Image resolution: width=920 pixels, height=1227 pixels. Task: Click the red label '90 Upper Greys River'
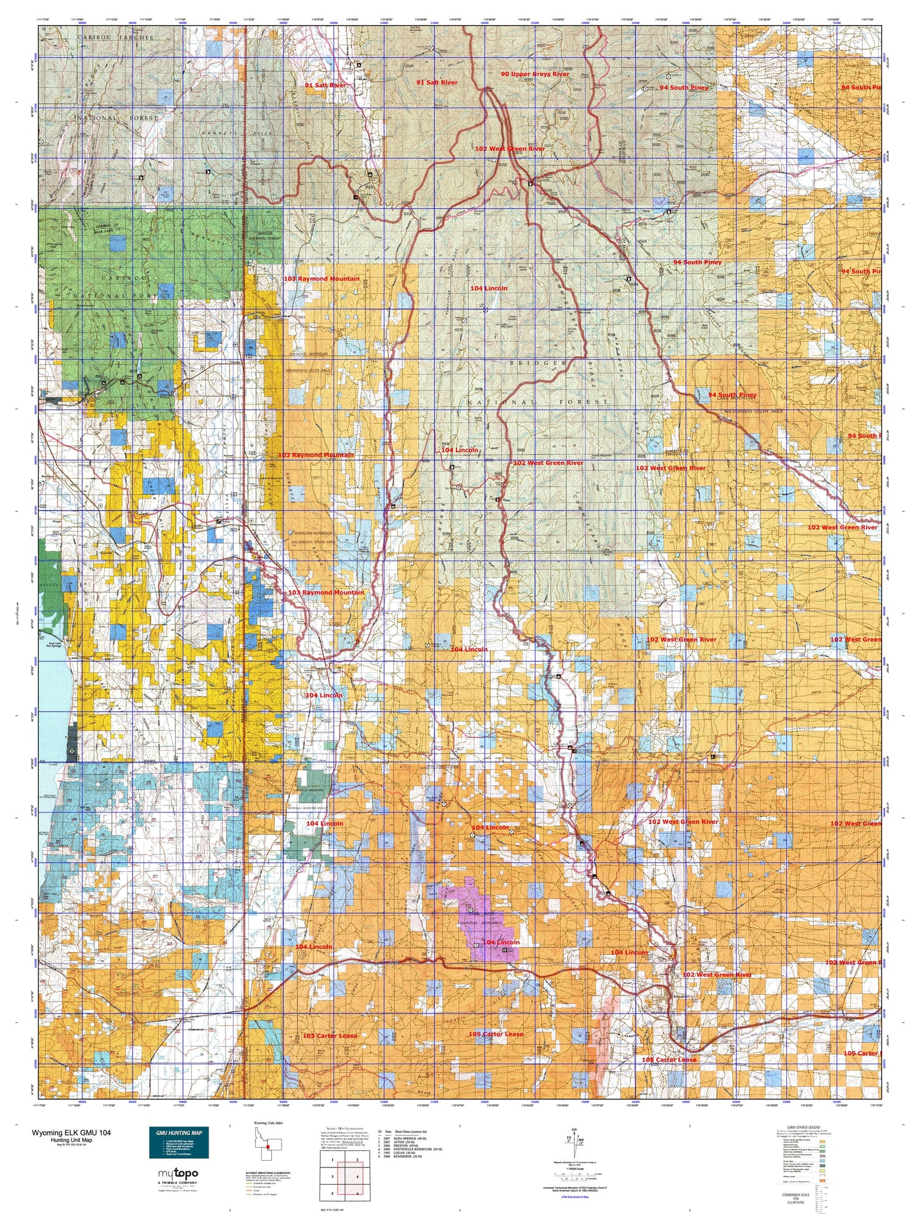point(534,74)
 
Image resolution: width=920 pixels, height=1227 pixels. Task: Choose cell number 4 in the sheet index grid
point(356,1177)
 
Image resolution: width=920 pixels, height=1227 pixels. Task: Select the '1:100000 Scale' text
point(573,1168)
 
